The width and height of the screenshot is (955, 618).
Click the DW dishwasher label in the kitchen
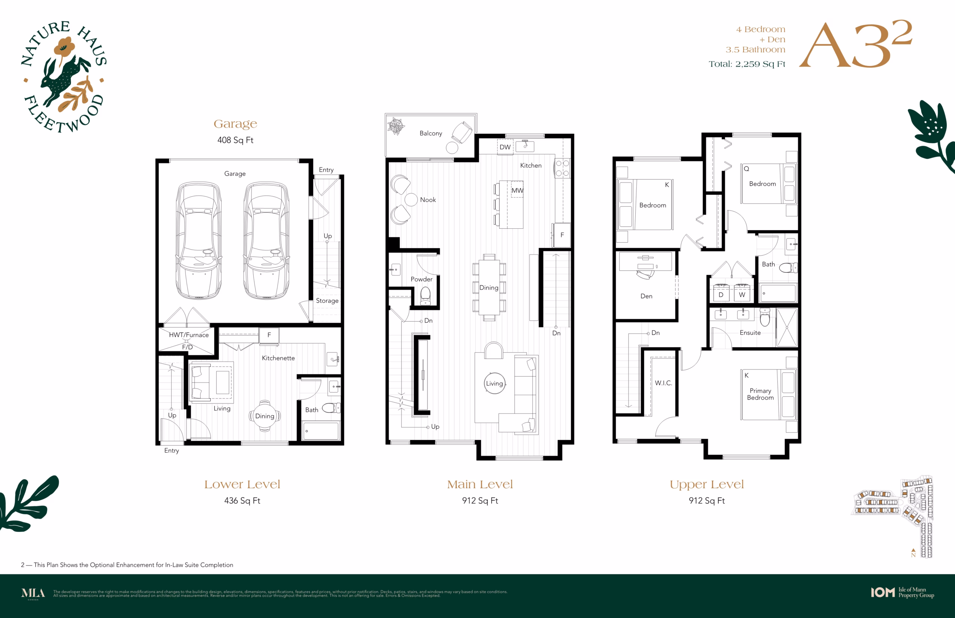click(x=505, y=147)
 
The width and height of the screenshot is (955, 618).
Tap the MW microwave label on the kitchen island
click(x=517, y=190)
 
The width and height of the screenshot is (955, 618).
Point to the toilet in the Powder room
click(x=425, y=295)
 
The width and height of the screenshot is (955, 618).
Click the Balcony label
click(x=431, y=133)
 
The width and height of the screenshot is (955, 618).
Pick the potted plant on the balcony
click(x=396, y=126)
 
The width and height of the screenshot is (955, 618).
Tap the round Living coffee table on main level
click(x=495, y=383)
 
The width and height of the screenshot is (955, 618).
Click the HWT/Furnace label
click(x=189, y=335)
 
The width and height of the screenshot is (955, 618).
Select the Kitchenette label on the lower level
click(x=278, y=358)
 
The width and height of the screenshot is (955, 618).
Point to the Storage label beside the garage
click(x=327, y=300)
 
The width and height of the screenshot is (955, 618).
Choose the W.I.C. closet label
click(x=663, y=383)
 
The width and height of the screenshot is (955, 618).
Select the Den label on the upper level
click(x=646, y=296)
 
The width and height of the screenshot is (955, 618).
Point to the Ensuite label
click(x=750, y=333)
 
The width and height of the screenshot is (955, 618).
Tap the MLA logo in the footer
click(x=33, y=593)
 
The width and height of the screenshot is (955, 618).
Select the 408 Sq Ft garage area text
click(x=235, y=140)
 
